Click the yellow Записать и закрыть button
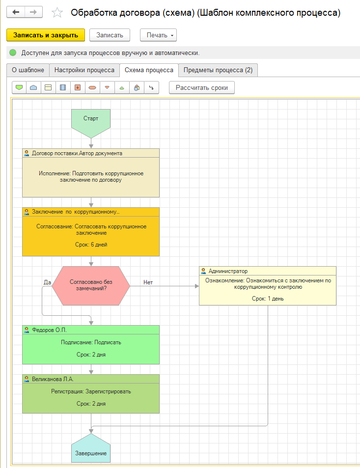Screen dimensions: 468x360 click(x=46, y=35)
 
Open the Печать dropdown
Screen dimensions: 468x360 click(x=158, y=35)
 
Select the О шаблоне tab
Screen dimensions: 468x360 click(x=28, y=70)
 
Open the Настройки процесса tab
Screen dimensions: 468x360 click(x=84, y=70)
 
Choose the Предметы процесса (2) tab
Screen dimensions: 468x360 click(x=218, y=70)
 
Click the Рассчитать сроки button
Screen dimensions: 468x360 click(x=202, y=87)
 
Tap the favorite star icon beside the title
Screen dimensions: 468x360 click(x=57, y=13)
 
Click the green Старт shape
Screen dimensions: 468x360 click(x=91, y=119)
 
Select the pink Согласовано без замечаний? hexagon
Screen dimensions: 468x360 click(x=91, y=285)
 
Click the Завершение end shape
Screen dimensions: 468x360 click(x=91, y=452)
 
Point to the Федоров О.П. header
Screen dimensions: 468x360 click(x=49, y=330)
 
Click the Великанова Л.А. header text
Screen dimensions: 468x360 click(x=53, y=379)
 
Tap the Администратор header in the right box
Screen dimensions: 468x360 click(x=228, y=271)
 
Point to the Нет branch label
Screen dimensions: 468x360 click(x=148, y=282)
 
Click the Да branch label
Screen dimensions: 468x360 click(x=48, y=282)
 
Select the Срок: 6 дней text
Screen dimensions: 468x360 click(x=91, y=245)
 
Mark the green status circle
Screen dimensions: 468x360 click(x=13, y=53)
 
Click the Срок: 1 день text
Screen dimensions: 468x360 click(x=268, y=298)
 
